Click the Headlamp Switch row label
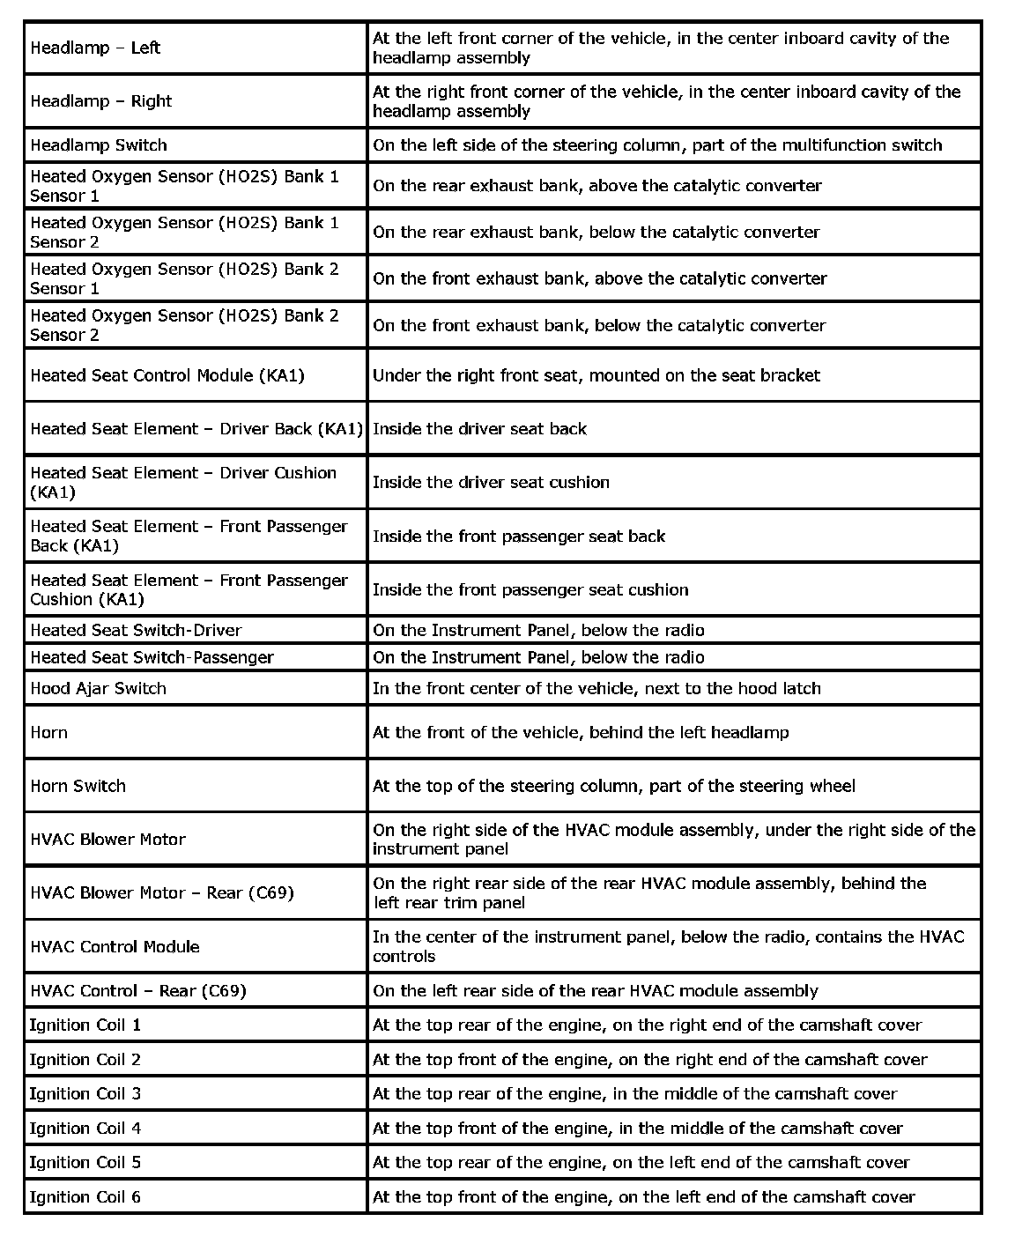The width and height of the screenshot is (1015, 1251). [99, 145]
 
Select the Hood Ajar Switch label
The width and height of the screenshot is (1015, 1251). [98, 688]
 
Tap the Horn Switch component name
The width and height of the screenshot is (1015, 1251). [78, 786]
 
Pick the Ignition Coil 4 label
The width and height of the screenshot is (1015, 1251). [85, 1128]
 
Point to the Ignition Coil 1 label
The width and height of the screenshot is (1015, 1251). [85, 1025]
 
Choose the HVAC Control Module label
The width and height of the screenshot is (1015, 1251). [115, 946]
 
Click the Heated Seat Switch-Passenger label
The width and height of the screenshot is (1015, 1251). [152, 657]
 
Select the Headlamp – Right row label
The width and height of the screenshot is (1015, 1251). [100, 101]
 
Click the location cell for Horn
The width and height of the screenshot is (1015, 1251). [581, 732]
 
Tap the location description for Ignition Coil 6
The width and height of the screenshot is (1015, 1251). [643, 1196]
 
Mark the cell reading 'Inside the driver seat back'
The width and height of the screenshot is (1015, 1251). [479, 429]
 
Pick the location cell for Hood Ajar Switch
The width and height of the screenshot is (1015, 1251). [596, 688]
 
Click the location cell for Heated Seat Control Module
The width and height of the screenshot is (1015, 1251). [596, 375]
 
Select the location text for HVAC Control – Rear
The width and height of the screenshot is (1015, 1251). [595, 991]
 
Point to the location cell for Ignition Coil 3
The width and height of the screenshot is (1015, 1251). [634, 1093]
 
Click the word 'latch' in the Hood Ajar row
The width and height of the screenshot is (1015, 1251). [801, 688]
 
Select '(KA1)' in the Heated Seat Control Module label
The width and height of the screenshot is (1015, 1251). [281, 375]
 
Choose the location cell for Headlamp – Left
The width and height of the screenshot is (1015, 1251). [660, 48]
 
